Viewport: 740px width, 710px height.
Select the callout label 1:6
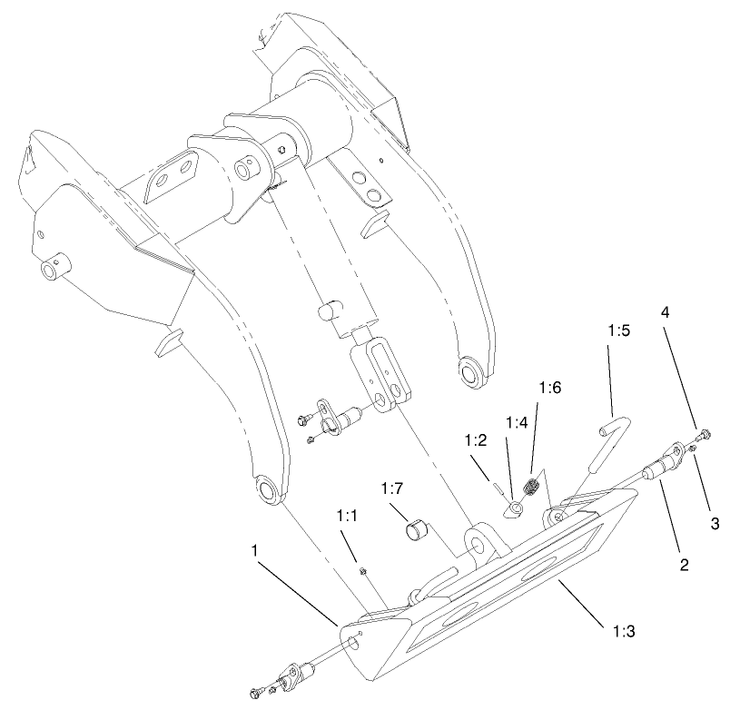click(x=550, y=388)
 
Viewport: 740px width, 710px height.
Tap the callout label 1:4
click(x=517, y=422)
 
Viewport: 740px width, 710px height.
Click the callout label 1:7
click(x=392, y=489)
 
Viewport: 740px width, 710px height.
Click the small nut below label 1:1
click(x=362, y=570)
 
